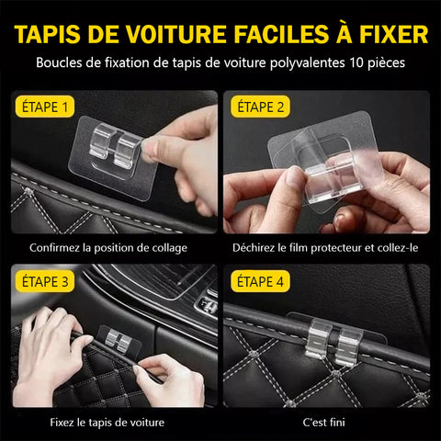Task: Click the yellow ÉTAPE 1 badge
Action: pos(45,107)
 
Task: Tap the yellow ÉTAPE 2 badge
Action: pos(260,107)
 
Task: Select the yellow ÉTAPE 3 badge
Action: pos(45,281)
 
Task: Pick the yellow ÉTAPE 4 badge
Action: pos(260,281)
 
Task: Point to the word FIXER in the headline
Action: pos(393,34)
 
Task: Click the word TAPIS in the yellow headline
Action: pos(48,34)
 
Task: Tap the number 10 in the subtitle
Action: pos(356,62)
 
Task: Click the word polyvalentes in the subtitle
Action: pos(307,63)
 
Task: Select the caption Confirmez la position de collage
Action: pos(108,248)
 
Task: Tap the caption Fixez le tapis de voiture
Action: pos(107,423)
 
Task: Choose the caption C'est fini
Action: pos(323,423)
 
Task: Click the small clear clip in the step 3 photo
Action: pos(119,341)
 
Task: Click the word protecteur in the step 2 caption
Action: pos(336,248)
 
